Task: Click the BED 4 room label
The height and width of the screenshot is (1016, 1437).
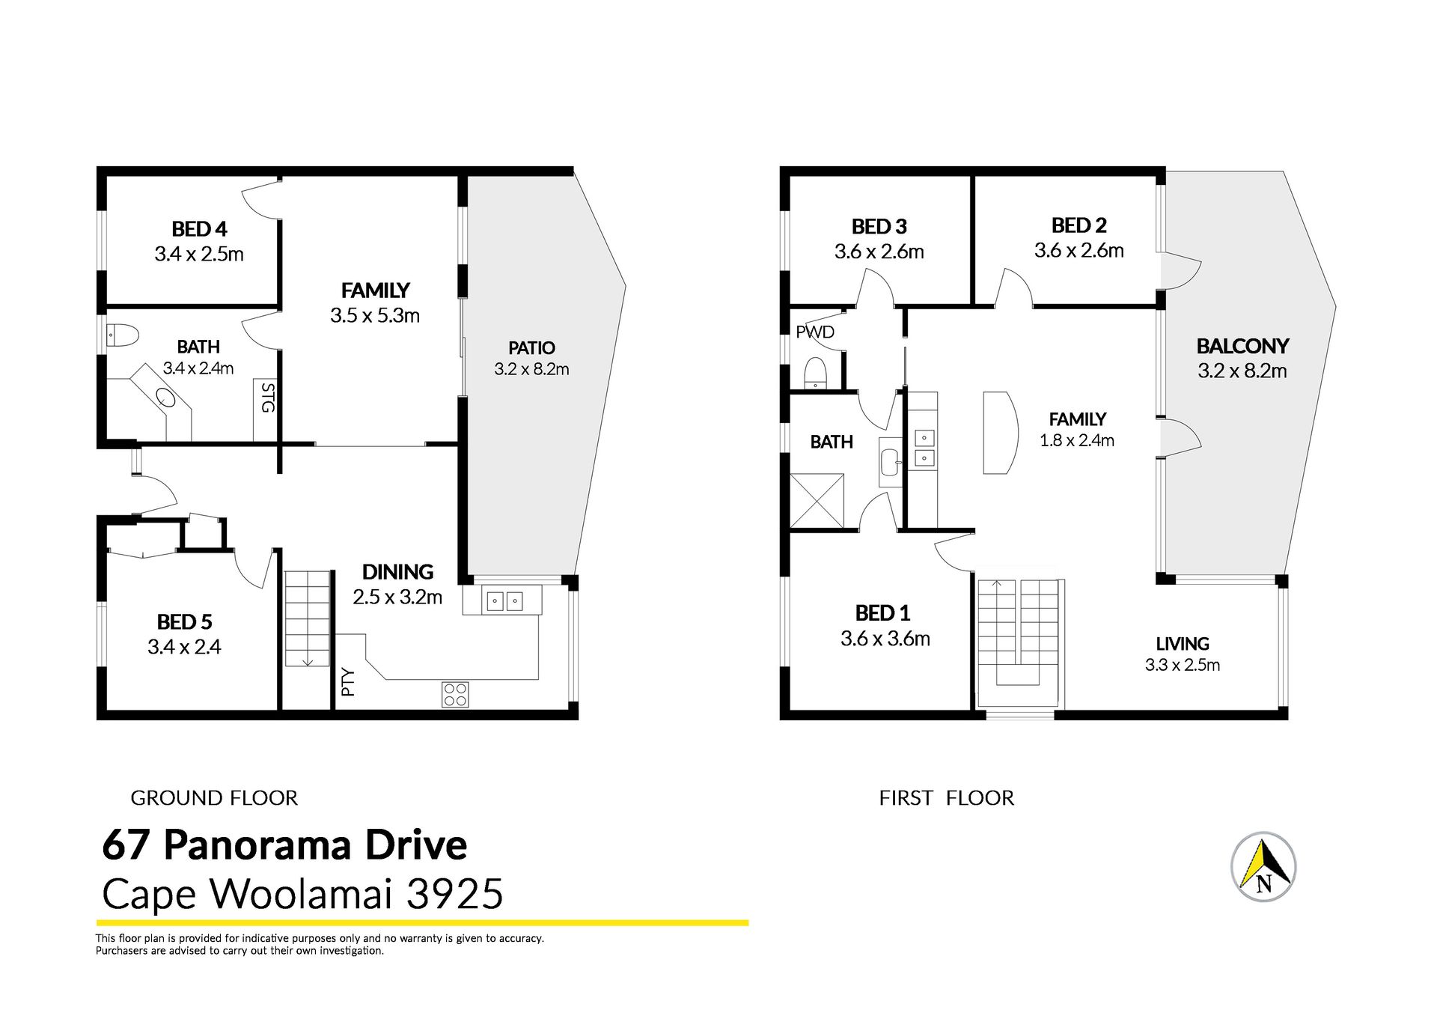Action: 199,228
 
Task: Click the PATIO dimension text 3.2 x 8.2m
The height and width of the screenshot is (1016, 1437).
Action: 531,369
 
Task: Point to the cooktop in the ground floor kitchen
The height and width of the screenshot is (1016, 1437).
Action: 455,694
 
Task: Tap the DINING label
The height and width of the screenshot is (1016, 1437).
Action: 397,572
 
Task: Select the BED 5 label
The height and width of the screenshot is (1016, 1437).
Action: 184,622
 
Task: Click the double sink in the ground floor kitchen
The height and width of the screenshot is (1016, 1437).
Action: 504,601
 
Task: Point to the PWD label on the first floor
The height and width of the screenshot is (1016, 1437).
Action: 815,332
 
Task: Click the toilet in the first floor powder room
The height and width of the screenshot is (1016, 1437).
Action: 815,372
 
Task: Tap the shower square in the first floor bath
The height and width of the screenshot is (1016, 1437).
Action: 817,501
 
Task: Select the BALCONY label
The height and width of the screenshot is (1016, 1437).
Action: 1242,346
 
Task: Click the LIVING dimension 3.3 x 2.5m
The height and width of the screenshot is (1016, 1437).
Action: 1183,665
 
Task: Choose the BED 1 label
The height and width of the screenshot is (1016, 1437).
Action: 882,613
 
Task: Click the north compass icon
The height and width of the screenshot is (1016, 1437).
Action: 1263,867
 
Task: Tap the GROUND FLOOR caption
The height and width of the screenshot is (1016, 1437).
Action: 214,798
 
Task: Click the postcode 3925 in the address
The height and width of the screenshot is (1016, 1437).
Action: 454,894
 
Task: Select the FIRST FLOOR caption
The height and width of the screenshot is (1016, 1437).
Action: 947,798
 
